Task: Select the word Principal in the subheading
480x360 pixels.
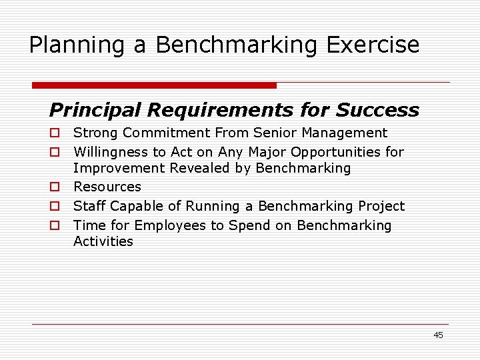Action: [95, 109]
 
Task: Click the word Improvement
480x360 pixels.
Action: [119, 168]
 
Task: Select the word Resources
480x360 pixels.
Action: [107, 187]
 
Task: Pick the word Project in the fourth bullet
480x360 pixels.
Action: [381, 206]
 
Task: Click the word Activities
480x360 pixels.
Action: [103, 241]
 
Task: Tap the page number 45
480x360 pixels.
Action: [438, 335]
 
